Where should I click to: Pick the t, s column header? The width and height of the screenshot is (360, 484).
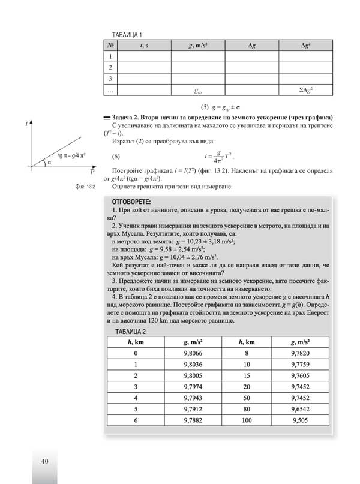[145, 46]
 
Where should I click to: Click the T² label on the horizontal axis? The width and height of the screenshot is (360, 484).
[91, 172]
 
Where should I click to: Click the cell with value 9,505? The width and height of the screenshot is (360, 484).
[305, 421]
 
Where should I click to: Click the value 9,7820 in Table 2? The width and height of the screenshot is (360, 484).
[305, 354]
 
